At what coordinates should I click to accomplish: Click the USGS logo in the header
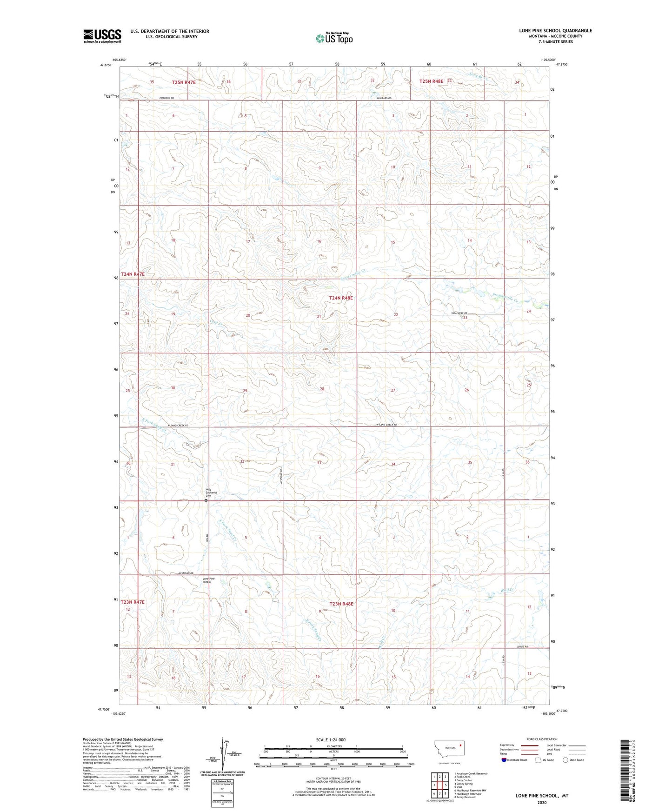(102, 36)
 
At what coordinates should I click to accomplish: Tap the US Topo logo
(333, 38)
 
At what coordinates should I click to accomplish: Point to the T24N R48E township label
(341, 298)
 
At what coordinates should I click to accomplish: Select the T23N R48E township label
(341, 604)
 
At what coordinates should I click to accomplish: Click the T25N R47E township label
(184, 82)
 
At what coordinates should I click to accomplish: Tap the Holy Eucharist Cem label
(211, 493)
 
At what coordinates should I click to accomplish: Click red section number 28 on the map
(322, 389)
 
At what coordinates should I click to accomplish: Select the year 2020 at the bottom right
(541, 802)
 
